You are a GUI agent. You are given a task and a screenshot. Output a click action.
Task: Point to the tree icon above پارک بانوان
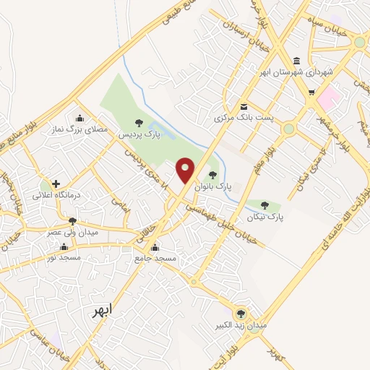212,174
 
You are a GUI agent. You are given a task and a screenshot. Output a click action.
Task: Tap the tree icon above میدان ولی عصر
72,221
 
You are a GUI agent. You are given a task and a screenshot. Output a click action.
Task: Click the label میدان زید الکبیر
242,326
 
